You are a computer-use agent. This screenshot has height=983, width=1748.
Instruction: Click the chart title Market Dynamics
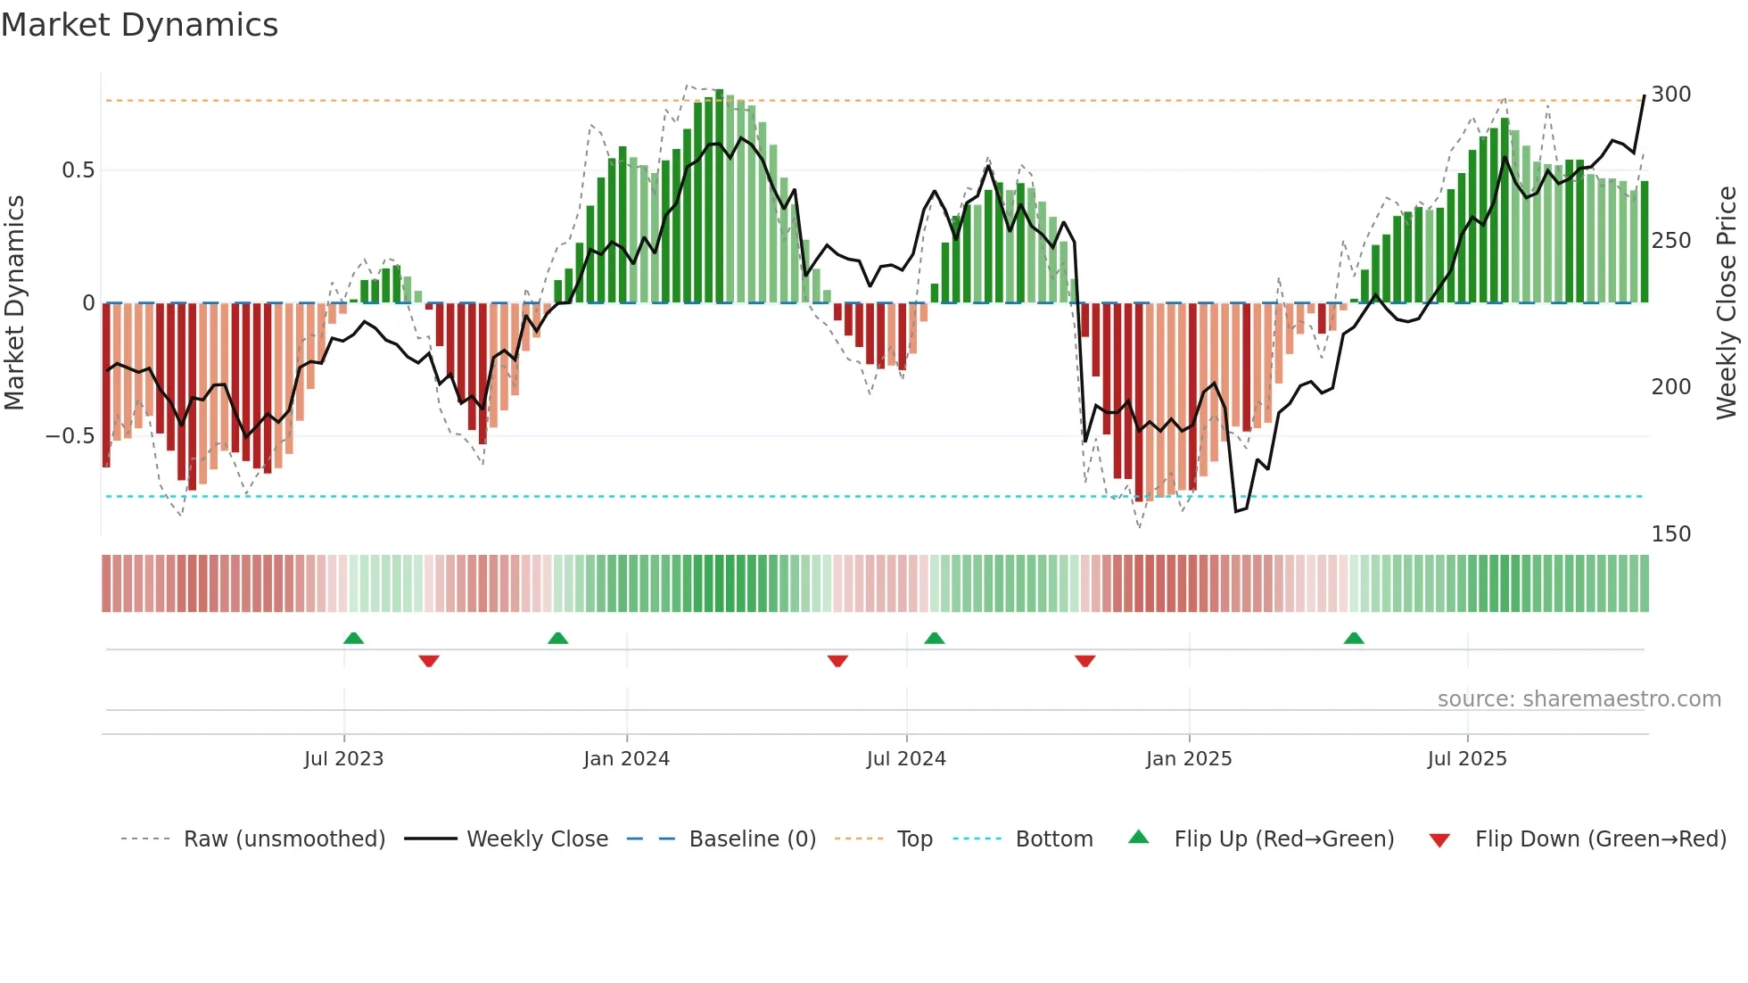click(x=140, y=25)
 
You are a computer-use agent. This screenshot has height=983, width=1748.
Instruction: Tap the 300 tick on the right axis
click(x=1670, y=95)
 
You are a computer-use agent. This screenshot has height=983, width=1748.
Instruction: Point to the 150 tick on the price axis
click(x=1670, y=533)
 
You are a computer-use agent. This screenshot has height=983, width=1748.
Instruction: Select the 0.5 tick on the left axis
click(x=78, y=170)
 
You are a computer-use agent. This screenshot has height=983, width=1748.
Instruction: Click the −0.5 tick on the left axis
click(x=70, y=436)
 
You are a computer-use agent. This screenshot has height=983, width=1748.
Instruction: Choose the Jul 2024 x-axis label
click(x=905, y=758)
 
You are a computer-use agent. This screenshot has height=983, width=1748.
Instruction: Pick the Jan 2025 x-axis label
click(x=1188, y=758)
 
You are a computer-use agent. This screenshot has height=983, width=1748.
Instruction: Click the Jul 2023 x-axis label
click(x=343, y=758)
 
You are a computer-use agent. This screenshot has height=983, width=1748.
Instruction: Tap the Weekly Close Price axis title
click(x=1727, y=303)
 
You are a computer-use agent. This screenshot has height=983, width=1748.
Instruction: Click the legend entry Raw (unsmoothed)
click(x=284, y=839)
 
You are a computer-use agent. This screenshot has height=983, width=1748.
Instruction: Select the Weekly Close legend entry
click(x=537, y=839)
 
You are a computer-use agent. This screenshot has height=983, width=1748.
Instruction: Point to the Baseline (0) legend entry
click(x=752, y=839)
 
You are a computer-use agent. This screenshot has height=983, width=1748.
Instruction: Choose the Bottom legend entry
click(x=1053, y=839)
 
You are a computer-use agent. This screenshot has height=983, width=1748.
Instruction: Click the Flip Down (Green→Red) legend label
click(x=1600, y=839)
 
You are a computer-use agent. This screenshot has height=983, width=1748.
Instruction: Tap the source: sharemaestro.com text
click(x=1579, y=699)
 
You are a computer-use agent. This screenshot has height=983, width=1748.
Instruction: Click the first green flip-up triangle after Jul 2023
click(x=353, y=638)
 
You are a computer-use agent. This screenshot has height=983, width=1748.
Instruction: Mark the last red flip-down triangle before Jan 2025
click(x=1084, y=661)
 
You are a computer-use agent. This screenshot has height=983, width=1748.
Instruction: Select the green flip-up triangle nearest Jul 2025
click(x=1353, y=638)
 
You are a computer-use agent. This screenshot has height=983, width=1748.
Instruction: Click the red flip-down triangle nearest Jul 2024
click(x=837, y=661)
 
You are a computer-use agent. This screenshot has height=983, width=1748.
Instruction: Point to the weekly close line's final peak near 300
click(x=1644, y=96)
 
